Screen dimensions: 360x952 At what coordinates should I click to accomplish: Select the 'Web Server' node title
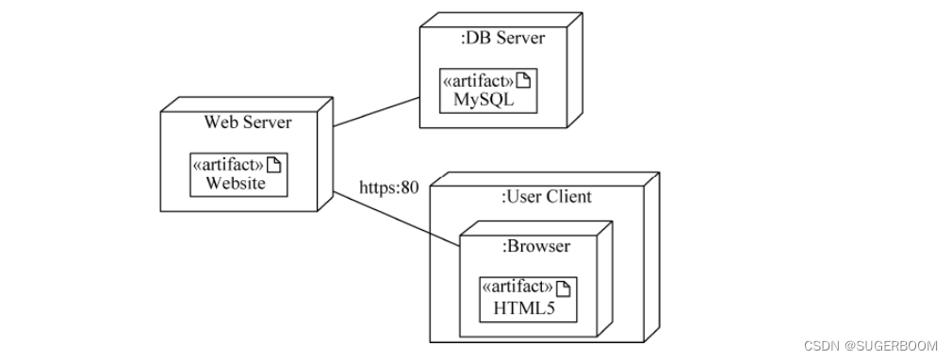pos(248,123)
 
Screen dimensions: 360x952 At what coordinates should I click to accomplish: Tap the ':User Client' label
pos(546,196)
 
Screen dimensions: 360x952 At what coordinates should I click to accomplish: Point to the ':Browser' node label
pos(535,246)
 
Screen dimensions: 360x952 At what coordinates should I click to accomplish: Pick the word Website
pos(236,183)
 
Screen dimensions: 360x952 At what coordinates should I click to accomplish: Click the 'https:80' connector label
pos(388,187)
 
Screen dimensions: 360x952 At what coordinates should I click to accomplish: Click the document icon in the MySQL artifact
pos(526,81)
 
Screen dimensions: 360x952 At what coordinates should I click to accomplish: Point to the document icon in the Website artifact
pos(274,165)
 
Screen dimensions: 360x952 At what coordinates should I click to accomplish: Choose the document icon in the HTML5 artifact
pos(565,287)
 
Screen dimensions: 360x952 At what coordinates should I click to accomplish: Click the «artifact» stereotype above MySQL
pos(480,81)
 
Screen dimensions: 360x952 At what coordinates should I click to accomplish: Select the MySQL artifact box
pos(487,90)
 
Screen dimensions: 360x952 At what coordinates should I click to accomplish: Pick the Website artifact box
pos(237,174)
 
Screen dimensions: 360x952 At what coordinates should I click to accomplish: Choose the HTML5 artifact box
pos(528,298)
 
